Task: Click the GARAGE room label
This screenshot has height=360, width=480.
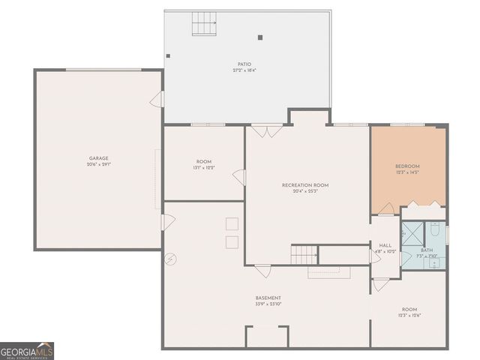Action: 99,158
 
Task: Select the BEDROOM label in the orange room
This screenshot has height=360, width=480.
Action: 407,166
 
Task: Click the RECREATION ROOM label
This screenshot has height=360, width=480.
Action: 304,185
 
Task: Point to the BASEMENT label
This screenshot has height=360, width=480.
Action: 268,298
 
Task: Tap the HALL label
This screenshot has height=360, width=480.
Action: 385,245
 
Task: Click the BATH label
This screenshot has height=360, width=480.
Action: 427,250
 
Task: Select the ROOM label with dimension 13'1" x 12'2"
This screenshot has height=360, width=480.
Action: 204,162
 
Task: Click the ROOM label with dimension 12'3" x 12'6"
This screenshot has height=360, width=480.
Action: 409,309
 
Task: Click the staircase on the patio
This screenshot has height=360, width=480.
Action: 204,25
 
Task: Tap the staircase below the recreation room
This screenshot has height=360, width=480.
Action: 304,254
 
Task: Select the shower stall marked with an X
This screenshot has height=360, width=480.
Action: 411,232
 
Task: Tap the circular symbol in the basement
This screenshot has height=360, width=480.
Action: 171,259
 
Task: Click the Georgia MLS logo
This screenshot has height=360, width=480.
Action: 27,351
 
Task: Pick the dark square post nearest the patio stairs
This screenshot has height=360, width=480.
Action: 260,37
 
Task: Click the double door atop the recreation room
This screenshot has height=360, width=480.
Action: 265,132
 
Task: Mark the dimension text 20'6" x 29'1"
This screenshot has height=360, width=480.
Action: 99,165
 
